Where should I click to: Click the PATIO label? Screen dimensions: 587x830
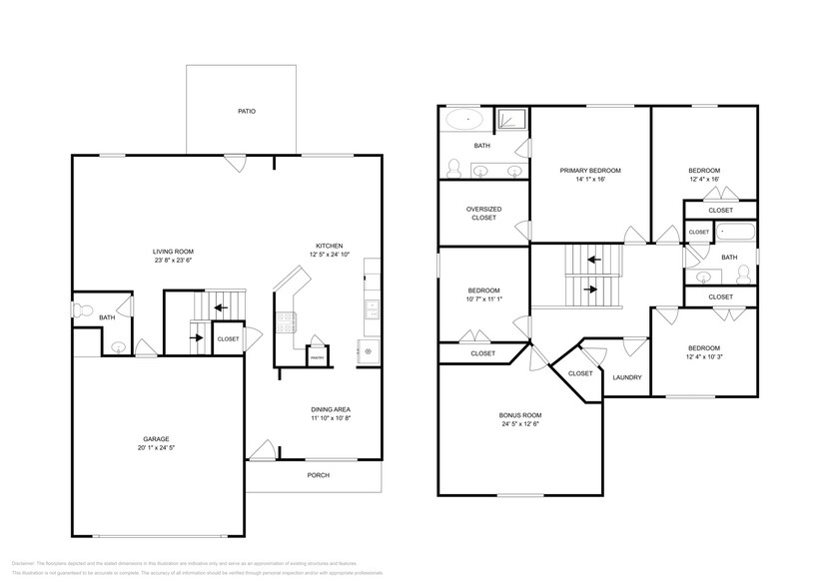point(246,111)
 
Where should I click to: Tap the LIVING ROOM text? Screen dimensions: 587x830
point(172,251)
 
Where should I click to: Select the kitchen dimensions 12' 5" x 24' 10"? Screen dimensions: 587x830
point(330,255)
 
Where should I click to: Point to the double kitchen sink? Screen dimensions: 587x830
point(372,309)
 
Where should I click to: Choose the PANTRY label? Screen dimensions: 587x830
point(318,356)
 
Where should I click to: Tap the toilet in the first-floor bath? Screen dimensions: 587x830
point(83,307)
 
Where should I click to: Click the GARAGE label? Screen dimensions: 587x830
point(155,439)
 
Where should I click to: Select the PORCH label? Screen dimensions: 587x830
point(318,474)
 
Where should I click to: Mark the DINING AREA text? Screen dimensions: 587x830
point(330,410)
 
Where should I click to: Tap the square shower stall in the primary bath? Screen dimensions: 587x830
point(512,120)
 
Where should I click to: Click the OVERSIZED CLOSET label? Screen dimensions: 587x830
point(483,213)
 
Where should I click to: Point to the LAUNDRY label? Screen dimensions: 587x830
point(626,377)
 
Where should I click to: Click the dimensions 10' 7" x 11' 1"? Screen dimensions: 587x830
point(483,299)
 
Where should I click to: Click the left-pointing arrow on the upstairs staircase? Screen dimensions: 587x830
point(592,260)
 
